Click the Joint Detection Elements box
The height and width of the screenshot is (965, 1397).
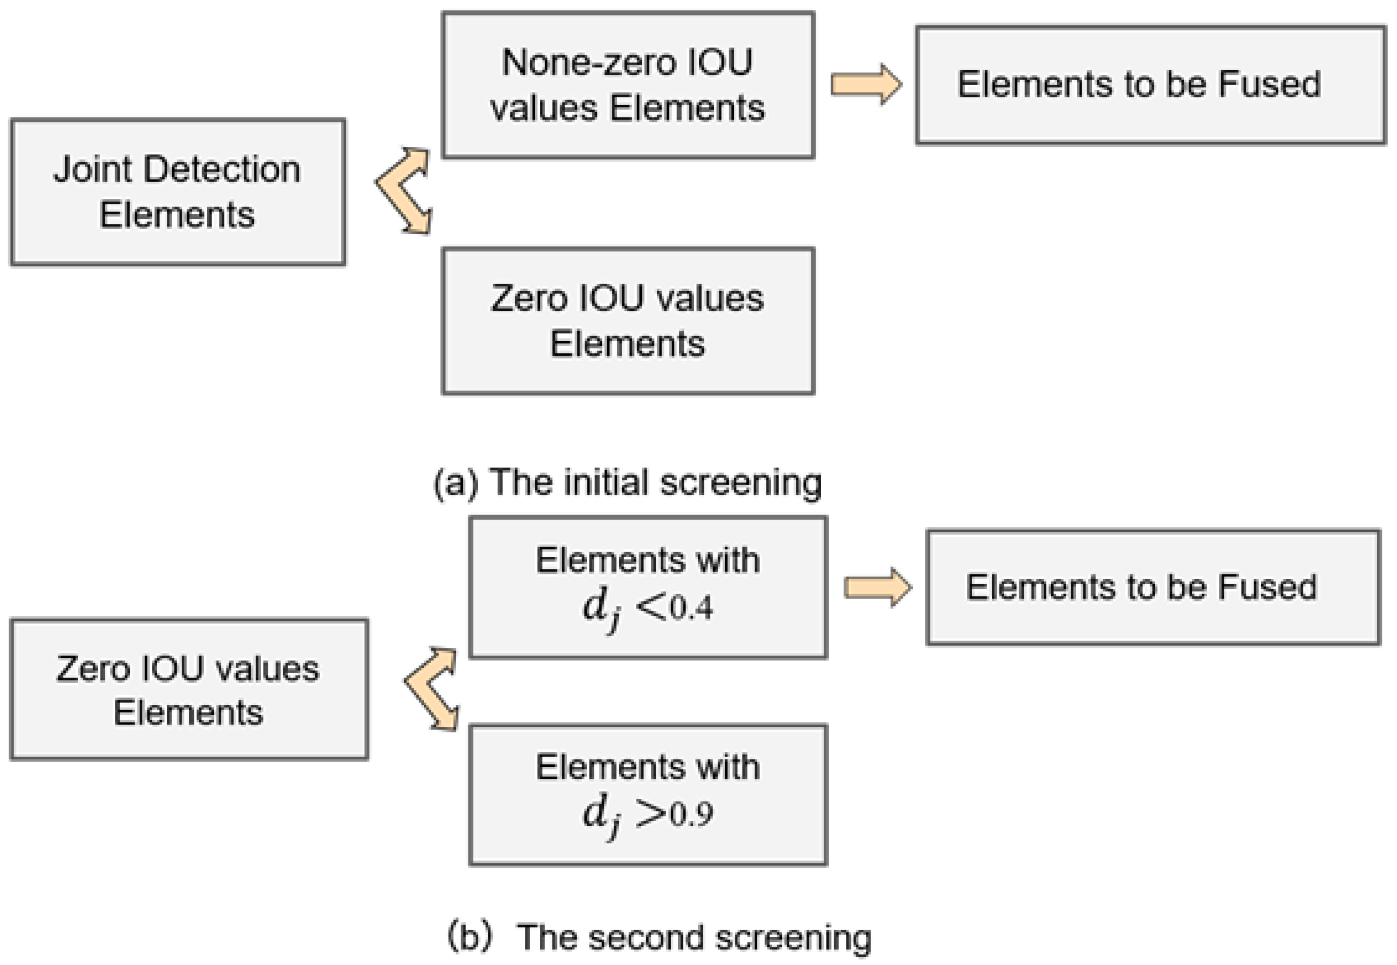coord(178,192)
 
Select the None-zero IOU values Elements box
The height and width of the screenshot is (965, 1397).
coord(628,85)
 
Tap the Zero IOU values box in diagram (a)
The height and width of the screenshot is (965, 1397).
coord(628,321)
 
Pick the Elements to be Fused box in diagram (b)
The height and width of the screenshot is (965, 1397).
coord(1153,587)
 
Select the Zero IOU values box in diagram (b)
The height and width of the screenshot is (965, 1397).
coord(189,689)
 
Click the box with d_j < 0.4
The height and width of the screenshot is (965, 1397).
coord(648,587)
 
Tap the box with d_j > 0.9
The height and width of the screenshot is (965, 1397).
coord(648,795)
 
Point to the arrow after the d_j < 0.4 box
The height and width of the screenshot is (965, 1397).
coord(877,587)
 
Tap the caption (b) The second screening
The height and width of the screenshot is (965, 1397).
coord(659,938)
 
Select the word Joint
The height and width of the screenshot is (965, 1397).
coord(92,169)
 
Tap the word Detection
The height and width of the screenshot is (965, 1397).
coord(222,169)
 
